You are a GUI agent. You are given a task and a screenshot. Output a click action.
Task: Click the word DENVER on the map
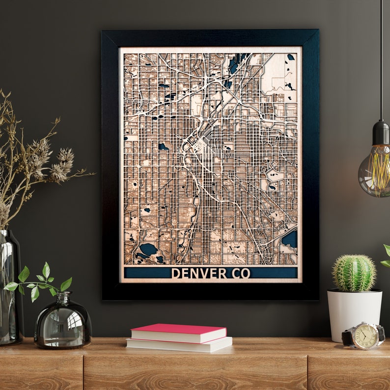click(199, 273)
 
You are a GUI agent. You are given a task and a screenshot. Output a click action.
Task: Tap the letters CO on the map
click(240, 273)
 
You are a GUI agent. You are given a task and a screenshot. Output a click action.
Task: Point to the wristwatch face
click(364, 336)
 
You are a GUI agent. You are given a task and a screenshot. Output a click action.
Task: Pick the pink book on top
click(178, 333)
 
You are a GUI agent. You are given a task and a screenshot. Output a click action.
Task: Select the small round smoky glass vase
click(63, 322)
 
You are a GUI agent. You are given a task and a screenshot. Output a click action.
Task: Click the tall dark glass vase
click(10, 290)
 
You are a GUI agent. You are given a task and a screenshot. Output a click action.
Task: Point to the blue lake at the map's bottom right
click(290, 239)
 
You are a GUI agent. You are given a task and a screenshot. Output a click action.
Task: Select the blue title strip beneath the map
click(147, 273)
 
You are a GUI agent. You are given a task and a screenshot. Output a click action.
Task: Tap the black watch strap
click(348, 337)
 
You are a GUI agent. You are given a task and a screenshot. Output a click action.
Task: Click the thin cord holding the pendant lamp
click(381, 59)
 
